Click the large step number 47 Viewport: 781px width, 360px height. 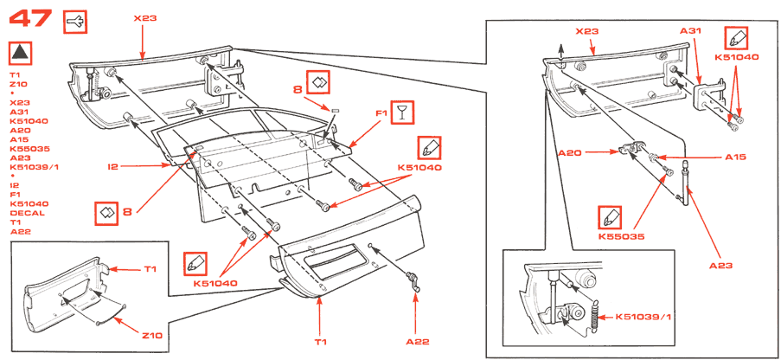point(30,19)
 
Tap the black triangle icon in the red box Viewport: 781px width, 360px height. point(21,53)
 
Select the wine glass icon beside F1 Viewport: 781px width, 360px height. point(401,113)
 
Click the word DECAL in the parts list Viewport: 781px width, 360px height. point(28,213)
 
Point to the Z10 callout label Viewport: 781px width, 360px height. point(152,336)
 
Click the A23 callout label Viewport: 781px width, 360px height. point(721,266)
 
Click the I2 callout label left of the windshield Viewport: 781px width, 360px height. point(112,167)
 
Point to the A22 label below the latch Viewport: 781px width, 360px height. point(418,342)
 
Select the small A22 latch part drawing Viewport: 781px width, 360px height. point(413,282)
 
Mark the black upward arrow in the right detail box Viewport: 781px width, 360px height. point(560,52)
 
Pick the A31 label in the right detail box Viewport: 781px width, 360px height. point(691,31)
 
